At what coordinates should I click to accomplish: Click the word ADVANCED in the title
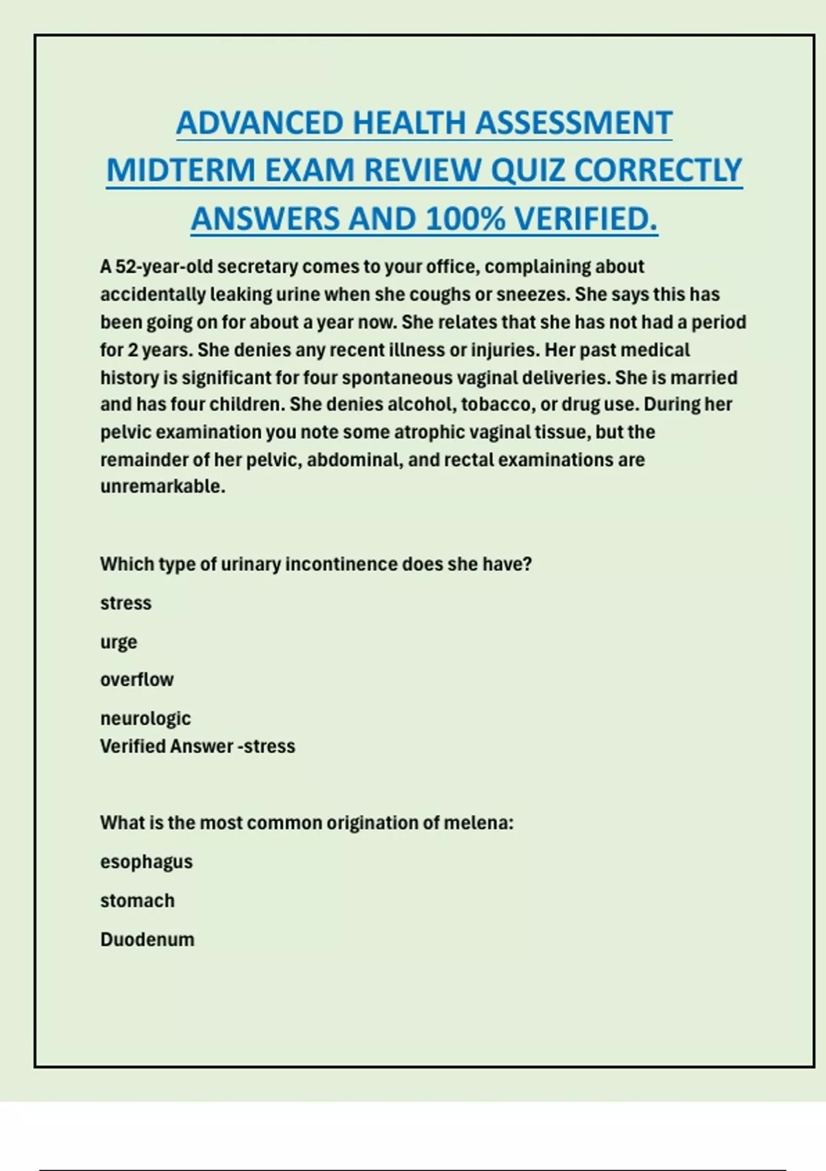[260, 123]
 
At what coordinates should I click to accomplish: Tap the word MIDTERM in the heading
[180, 170]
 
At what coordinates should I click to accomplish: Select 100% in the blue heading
[465, 219]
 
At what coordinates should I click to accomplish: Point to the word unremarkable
[162, 486]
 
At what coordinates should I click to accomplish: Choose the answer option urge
[118, 642]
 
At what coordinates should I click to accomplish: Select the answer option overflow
[137, 680]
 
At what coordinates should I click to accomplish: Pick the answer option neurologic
[145, 718]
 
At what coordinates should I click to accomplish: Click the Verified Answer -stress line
[198, 746]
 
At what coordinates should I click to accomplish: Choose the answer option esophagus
[146, 862]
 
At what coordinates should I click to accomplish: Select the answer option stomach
[137, 900]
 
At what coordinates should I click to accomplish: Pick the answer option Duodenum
[147, 940]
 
